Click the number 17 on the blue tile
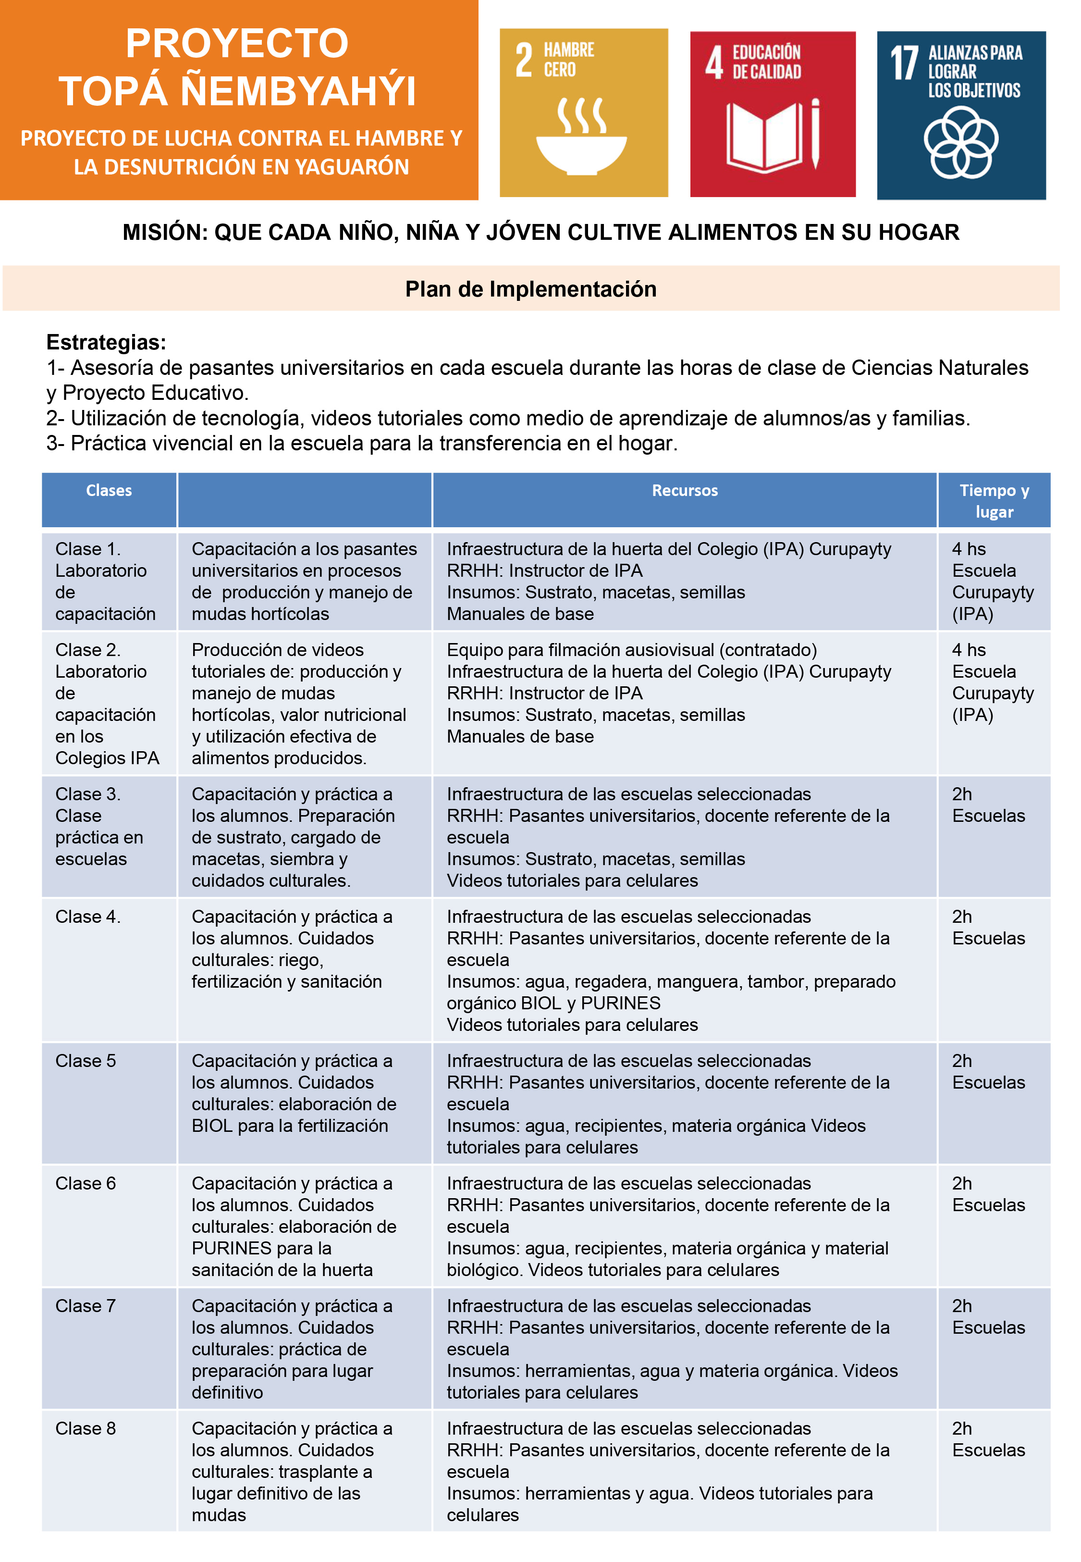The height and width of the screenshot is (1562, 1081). (x=904, y=64)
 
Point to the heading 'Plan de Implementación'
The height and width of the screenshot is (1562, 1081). (x=530, y=289)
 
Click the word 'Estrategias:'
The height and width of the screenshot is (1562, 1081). (x=106, y=342)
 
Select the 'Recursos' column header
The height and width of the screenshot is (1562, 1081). (x=684, y=490)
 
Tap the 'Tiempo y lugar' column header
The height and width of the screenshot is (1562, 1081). (x=994, y=501)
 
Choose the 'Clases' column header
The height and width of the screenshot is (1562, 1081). (x=109, y=490)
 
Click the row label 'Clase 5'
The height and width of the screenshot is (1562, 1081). (x=86, y=1061)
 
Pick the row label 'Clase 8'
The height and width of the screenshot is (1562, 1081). (x=86, y=1428)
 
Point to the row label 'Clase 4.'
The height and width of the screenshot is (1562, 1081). (x=87, y=917)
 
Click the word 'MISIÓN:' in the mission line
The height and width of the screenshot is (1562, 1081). (x=165, y=232)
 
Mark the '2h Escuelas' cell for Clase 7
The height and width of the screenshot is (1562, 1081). (x=988, y=1317)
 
